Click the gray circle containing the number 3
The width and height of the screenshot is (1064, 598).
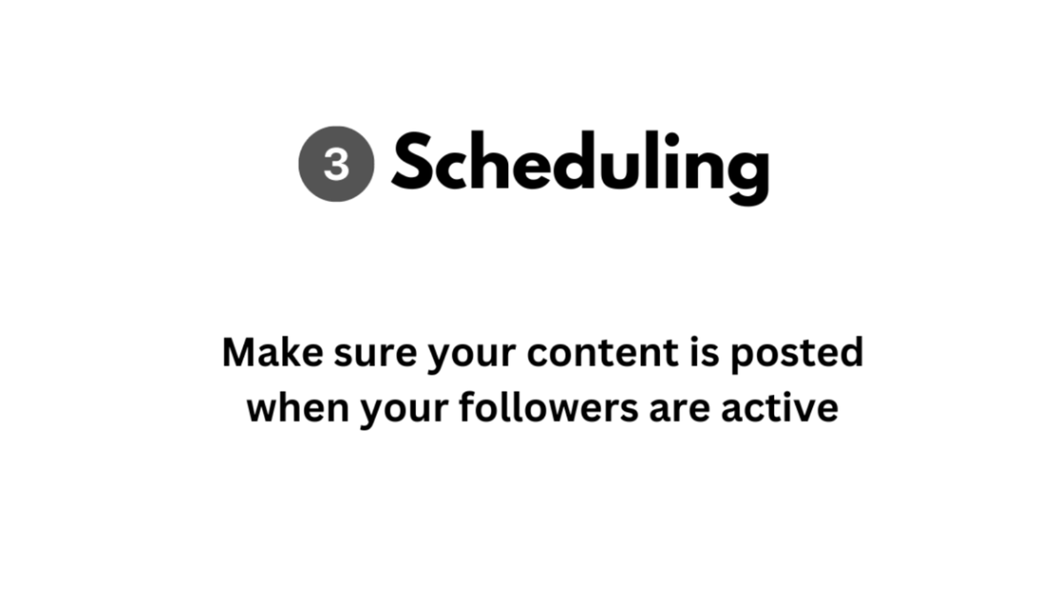tap(336, 165)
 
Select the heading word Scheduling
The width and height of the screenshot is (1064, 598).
tap(579, 165)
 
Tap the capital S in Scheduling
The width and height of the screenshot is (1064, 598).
tap(418, 163)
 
